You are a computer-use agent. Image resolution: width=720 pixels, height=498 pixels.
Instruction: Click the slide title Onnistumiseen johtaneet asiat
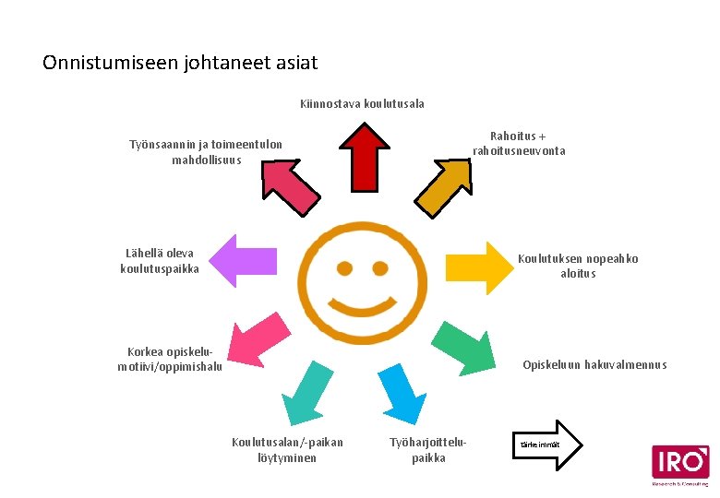180,64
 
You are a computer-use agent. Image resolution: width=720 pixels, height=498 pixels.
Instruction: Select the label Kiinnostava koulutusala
362,103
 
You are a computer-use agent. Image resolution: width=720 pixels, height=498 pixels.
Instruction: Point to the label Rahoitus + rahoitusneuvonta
519,144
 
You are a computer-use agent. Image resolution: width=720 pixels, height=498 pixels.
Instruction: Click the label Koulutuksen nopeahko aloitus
578,266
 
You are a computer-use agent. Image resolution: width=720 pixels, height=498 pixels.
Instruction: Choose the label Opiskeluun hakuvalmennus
594,365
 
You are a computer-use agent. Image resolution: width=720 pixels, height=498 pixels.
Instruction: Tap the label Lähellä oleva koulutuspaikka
160,261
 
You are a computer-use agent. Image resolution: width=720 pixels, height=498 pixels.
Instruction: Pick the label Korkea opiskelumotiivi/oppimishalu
170,359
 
